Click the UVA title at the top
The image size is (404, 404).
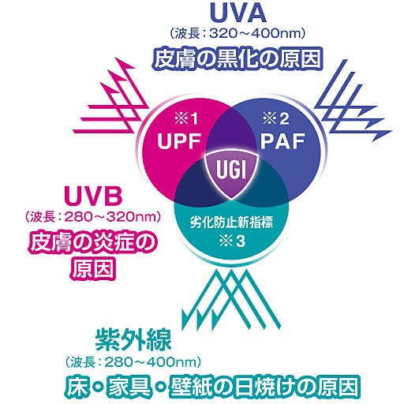[238, 13]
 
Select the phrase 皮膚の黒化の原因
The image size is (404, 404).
[238, 58]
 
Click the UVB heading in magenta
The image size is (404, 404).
[93, 196]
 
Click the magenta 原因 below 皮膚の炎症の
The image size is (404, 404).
[93, 268]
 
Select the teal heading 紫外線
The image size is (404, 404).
[133, 340]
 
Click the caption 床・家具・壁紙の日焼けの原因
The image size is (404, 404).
[212, 386]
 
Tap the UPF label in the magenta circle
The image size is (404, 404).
[179, 141]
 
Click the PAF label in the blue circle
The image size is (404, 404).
[282, 141]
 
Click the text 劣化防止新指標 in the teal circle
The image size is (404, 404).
[231, 223]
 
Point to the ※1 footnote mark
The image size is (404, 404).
[186, 119]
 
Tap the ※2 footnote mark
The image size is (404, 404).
[276, 119]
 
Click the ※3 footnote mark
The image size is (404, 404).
[232, 241]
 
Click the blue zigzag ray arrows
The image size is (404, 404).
[353, 100]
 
